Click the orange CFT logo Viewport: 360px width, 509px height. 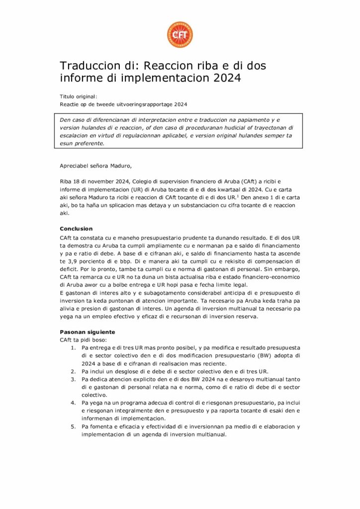tap(180, 34)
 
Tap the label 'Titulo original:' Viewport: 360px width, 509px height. tap(78, 96)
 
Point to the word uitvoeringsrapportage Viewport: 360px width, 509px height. tap(143, 104)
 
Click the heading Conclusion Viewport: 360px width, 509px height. tap(76, 229)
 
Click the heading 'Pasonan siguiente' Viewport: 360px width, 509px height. tap(88, 332)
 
